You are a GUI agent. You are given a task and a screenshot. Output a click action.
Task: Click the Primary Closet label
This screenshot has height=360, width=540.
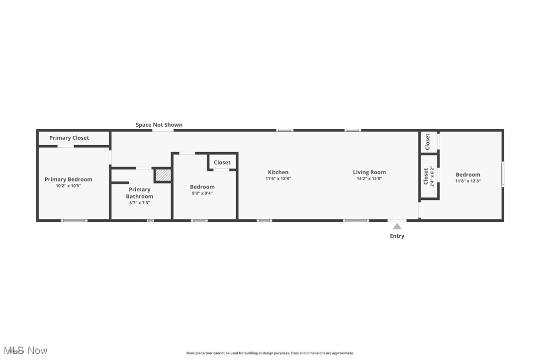coord(69,138)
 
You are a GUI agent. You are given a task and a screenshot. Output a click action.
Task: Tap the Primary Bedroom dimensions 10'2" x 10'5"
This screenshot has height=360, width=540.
coord(69,186)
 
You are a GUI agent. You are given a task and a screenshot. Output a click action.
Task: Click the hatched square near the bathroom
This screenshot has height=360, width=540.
coord(163,175)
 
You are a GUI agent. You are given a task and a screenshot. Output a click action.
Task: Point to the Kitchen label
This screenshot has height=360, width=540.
coord(278,172)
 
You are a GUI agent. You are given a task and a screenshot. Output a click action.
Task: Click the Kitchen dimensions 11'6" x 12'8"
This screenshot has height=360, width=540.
coord(278,179)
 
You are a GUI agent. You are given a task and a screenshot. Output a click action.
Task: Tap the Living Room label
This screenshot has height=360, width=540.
coord(369,172)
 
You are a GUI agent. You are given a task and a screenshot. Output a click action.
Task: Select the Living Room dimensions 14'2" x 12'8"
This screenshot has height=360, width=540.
coord(369,179)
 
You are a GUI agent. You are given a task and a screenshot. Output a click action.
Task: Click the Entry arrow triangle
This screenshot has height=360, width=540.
coord(397,226)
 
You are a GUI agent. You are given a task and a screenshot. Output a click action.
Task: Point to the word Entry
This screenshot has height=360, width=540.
coord(397,236)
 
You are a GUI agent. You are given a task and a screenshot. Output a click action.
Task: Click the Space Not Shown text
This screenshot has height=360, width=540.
coord(159,125)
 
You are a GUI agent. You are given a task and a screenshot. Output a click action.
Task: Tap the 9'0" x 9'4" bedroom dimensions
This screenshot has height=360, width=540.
coord(202,193)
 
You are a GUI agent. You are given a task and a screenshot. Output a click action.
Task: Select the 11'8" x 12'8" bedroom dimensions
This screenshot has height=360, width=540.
coord(468,181)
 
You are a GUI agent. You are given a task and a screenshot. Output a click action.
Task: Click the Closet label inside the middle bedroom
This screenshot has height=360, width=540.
coord(222,163)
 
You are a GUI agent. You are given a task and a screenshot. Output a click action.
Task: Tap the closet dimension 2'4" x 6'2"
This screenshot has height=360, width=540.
coord(432,177)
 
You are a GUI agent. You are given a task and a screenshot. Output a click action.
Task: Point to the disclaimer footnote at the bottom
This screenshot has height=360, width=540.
coord(270,353)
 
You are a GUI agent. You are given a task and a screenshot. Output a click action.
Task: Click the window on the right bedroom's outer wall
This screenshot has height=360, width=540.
coord(503,175)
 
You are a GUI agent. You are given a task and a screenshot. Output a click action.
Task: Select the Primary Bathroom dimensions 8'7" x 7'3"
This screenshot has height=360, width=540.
coord(140,203)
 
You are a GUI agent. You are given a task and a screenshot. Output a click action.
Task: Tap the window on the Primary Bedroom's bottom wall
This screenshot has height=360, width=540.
coord(74,220)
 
